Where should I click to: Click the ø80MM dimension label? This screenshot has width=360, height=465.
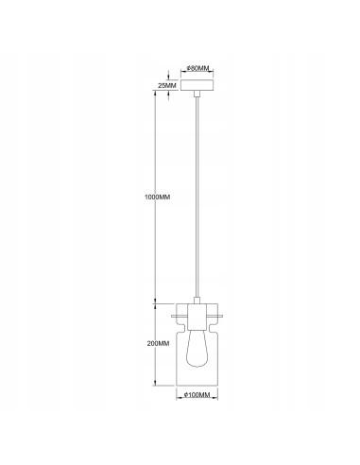[197, 68]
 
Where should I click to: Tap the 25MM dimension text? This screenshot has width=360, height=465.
[166, 87]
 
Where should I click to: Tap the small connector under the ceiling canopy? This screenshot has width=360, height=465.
[197, 95]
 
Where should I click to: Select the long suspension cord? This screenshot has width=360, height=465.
[197, 198]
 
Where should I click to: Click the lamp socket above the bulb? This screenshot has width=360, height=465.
[197, 318]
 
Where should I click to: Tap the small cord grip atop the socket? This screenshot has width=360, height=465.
[197, 301]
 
